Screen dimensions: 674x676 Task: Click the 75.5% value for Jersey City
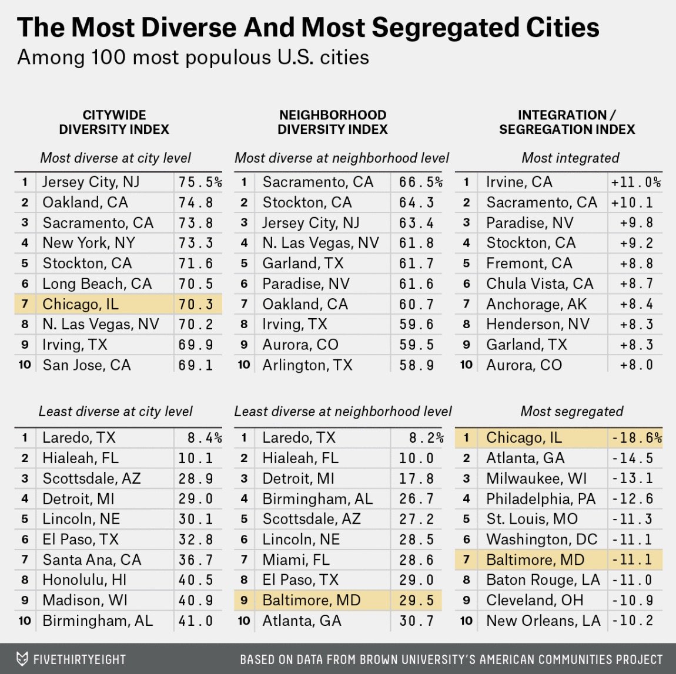[x=200, y=183]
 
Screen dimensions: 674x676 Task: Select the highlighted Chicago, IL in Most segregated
[x=524, y=438]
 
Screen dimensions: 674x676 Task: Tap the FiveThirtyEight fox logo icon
[x=22, y=659]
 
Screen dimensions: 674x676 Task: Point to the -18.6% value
[x=636, y=438]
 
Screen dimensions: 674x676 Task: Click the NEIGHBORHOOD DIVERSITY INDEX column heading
[x=332, y=122]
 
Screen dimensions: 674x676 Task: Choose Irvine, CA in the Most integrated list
[x=519, y=183]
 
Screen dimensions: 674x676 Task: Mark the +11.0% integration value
[x=635, y=183]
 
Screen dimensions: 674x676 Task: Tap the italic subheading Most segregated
[x=571, y=412]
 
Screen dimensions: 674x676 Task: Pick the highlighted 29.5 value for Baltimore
[x=416, y=601]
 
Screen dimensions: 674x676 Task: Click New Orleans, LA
[x=543, y=621]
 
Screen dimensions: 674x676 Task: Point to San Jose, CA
[x=86, y=365]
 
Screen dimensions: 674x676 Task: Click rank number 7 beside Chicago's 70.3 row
[x=25, y=304]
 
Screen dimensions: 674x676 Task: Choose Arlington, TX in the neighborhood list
[x=307, y=365]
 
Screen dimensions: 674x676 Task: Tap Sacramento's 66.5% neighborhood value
[x=420, y=183]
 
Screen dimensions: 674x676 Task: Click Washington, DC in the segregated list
[x=541, y=540]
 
